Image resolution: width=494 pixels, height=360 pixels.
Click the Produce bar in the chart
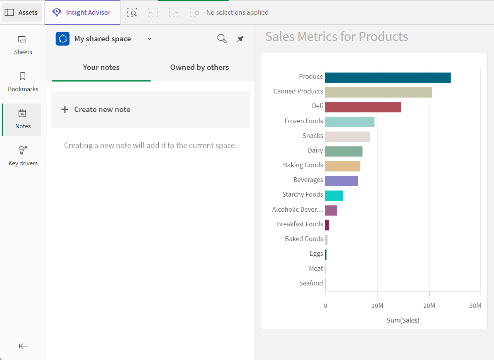point(388,78)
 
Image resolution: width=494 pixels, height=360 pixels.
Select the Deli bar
point(363,107)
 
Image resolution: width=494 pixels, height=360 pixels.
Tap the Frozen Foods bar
point(350,122)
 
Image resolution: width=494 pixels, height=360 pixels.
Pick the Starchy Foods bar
point(334,196)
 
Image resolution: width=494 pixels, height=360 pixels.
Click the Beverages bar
point(341,181)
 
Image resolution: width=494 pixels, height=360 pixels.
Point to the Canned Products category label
point(298,91)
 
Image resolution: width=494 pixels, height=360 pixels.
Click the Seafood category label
point(311,283)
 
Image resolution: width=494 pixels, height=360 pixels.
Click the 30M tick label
point(475,306)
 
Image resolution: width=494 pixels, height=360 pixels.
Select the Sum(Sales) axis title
point(403,320)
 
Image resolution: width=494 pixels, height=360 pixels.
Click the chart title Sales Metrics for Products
point(336,36)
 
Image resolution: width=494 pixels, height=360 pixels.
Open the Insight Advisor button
point(83,12)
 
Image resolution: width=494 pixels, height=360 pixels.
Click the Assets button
point(22,12)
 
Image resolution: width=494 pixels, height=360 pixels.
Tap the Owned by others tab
point(199,67)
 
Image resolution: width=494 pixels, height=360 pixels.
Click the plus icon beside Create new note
point(65,109)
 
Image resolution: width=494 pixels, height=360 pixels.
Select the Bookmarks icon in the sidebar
point(22,76)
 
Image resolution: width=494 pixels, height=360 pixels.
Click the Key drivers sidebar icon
point(22,150)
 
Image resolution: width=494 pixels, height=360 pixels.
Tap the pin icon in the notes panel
point(240,39)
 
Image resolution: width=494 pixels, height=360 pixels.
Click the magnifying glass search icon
point(222,39)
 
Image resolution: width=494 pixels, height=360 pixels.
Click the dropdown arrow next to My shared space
point(149,39)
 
